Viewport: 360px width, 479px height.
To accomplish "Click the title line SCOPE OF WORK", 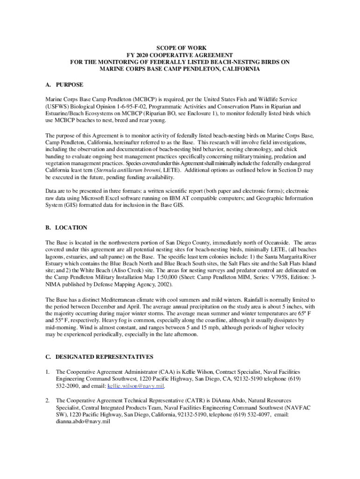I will [x=180, y=48].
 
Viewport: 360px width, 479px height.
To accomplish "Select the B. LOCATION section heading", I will [x=66, y=228].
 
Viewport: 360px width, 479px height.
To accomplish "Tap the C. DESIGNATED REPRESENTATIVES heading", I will [x=99, y=357].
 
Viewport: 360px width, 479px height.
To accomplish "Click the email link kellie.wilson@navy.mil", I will [x=136, y=387].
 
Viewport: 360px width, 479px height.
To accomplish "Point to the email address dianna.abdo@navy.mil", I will [x=83, y=421].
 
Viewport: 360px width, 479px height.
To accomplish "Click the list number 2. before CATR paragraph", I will [x=48, y=401].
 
